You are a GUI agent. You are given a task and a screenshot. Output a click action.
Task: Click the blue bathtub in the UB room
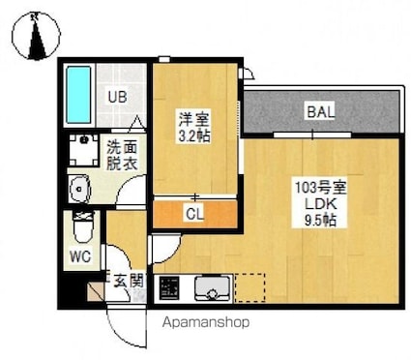(79, 94)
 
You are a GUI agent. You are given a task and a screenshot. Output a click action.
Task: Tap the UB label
(117, 97)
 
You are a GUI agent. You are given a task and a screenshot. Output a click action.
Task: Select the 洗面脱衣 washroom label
(122, 155)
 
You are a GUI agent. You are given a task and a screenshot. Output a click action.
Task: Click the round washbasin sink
(79, 187)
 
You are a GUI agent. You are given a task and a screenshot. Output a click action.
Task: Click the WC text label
(81, 258)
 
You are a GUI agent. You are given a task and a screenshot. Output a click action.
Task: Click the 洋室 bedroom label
(192, 120)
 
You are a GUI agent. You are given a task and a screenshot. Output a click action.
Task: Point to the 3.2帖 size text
(193, 136)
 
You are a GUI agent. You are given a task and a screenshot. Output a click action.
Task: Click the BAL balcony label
(320, 112)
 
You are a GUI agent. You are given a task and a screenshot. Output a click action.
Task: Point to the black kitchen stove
(169, 288)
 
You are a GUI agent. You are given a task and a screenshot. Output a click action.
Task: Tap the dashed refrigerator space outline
(250, 287)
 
